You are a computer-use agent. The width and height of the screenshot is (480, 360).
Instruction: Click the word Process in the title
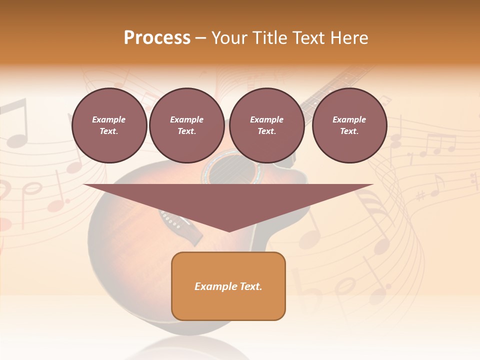pos(157,38)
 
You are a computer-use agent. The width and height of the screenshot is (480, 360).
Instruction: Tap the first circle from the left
pos(109,125)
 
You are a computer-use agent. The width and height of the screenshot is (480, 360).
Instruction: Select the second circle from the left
pos(186,125)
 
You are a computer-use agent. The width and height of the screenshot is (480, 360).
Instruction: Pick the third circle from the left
pos(266,125)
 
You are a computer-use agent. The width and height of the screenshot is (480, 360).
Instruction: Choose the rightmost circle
pos(349,125)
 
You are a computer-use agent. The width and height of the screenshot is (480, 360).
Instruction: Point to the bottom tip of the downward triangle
pos(228,231)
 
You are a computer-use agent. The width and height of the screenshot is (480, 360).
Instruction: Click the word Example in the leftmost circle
pos(109,119)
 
